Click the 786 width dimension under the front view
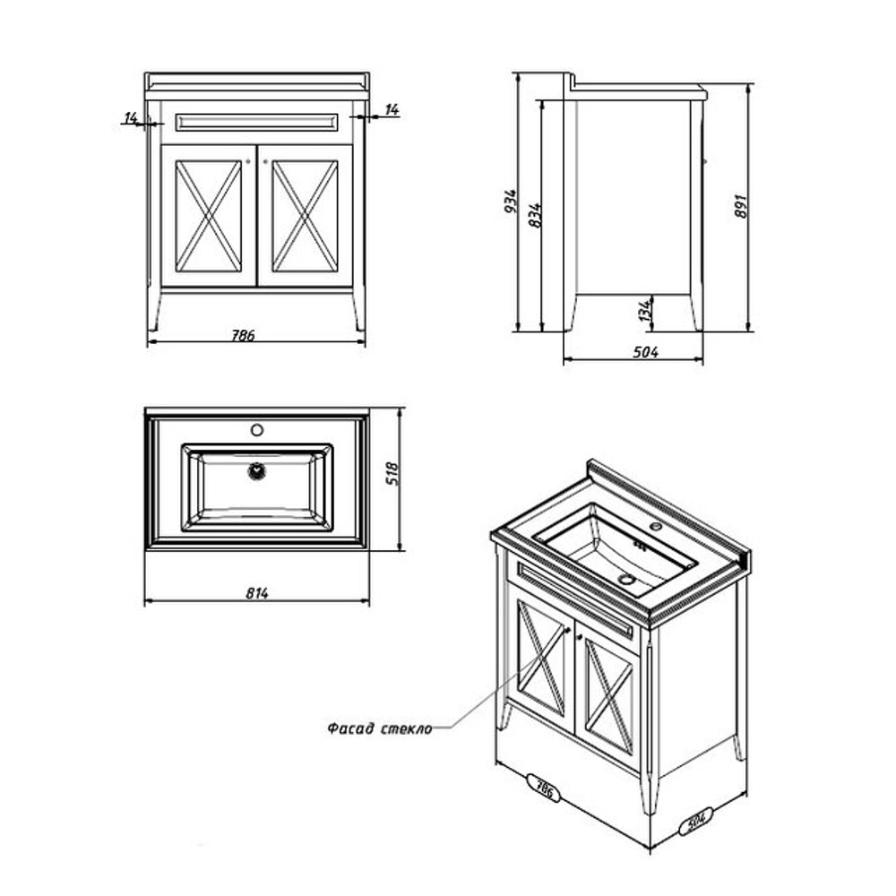243,335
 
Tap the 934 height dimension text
511,201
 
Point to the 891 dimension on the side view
740,206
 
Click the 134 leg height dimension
645,310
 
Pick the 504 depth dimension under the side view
645,352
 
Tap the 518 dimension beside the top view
392,474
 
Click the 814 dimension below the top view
257,594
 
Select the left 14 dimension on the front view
131,117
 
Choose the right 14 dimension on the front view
392,109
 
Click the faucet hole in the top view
257,430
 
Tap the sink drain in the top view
257,471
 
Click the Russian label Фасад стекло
379,728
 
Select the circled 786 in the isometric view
544,788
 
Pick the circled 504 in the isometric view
695,821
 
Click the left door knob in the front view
248,161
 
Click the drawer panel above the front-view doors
256,122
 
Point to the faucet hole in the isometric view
656,526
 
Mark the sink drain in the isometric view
627,580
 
